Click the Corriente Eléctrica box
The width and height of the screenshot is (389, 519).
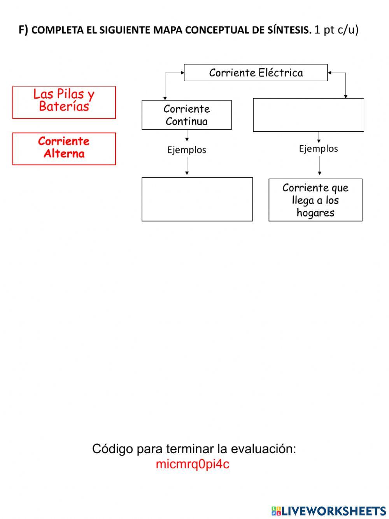click(x=256, y=72)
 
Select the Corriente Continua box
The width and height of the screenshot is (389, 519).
click(x=186, y=115)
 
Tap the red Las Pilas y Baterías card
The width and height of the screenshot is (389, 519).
click(x=64, y=102)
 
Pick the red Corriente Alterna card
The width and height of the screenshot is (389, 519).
click(x=64, y=148)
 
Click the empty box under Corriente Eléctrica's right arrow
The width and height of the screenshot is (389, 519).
click(x=308, y=115)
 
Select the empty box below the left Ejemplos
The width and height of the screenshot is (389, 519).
click(x=197, y=199)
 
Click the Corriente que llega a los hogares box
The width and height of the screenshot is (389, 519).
click(x=315, y=200)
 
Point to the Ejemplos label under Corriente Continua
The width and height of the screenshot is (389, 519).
click(x=187, y=150)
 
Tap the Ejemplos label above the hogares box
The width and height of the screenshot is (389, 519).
click(x=318, y=148)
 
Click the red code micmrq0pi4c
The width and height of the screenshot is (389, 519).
click(x=193, y=464)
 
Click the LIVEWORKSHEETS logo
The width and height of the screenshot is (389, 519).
click(x=329, y=511)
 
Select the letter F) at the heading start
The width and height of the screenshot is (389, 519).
click(x=23, y=30)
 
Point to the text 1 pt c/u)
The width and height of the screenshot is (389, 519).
click(x=336, y=30)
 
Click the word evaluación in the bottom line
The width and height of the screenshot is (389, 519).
click(x=263, y=449)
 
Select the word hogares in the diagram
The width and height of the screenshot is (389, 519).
click(x=315, y=213)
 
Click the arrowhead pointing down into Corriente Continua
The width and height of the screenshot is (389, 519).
click(x=165, y=98)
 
